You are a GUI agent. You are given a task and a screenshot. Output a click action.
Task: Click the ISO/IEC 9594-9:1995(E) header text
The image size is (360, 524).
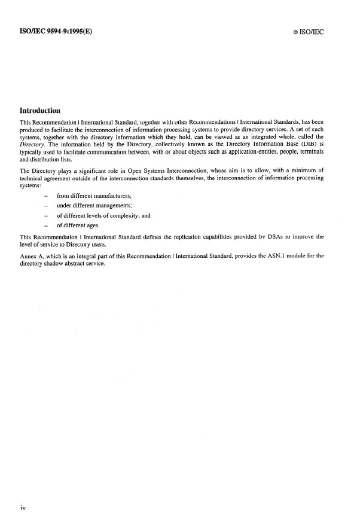[52, 31]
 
